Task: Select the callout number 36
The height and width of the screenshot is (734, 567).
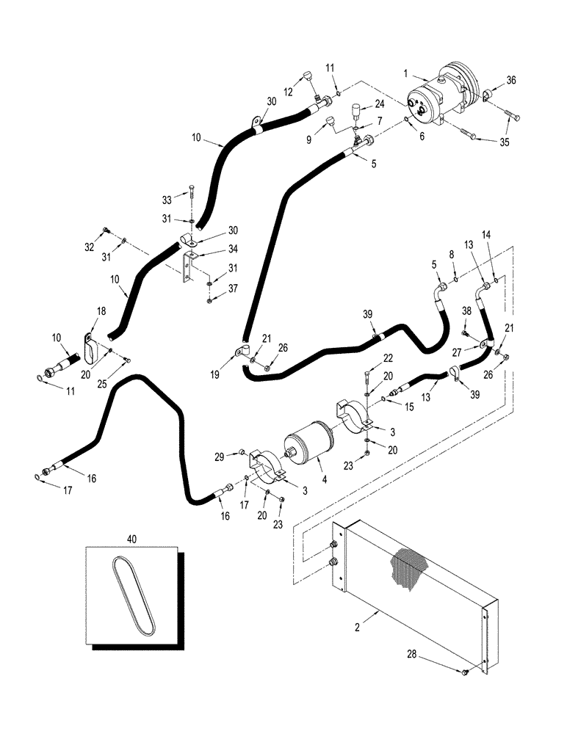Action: coord(511,81)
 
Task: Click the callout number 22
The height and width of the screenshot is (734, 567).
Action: coord(389,357)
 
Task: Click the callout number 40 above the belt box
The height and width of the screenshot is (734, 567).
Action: coord(132,539)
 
